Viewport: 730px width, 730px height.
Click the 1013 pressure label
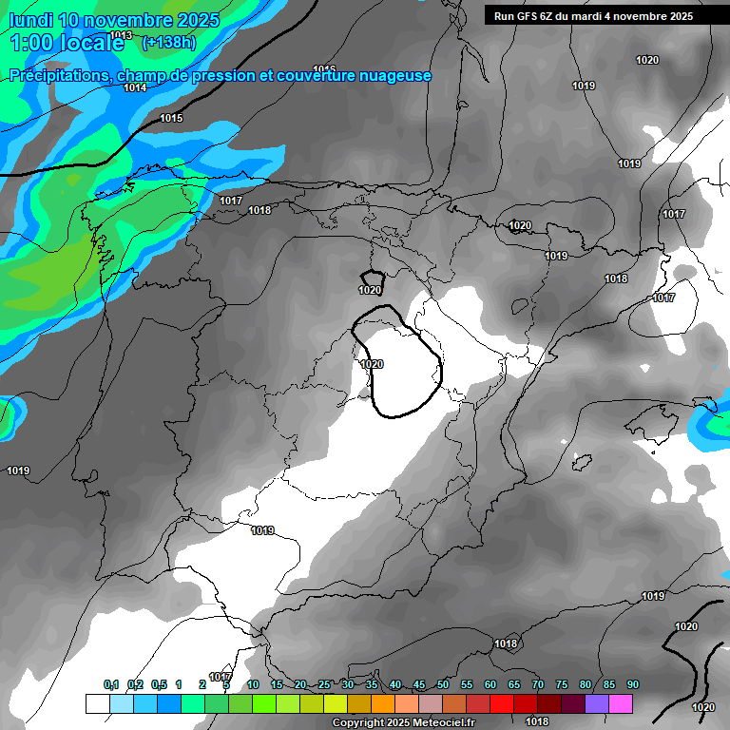[122, 36]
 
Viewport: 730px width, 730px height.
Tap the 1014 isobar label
[135, 88]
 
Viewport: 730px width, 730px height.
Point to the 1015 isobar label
[171, 119]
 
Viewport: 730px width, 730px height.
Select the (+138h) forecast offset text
[169, 43]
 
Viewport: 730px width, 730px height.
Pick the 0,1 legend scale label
[110, 685]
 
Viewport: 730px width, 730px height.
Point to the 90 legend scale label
[632, 685]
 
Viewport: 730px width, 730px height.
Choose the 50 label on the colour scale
[442, 685]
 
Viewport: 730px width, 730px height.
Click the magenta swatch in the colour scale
[621, 703]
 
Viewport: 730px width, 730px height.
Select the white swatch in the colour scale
[97, 703]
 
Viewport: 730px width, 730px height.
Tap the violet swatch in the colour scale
[597, 703]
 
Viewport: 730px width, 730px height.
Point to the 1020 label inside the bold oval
[373, 364]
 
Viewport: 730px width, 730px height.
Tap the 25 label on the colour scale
[324, 685]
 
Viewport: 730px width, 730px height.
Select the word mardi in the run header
[592, 16]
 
